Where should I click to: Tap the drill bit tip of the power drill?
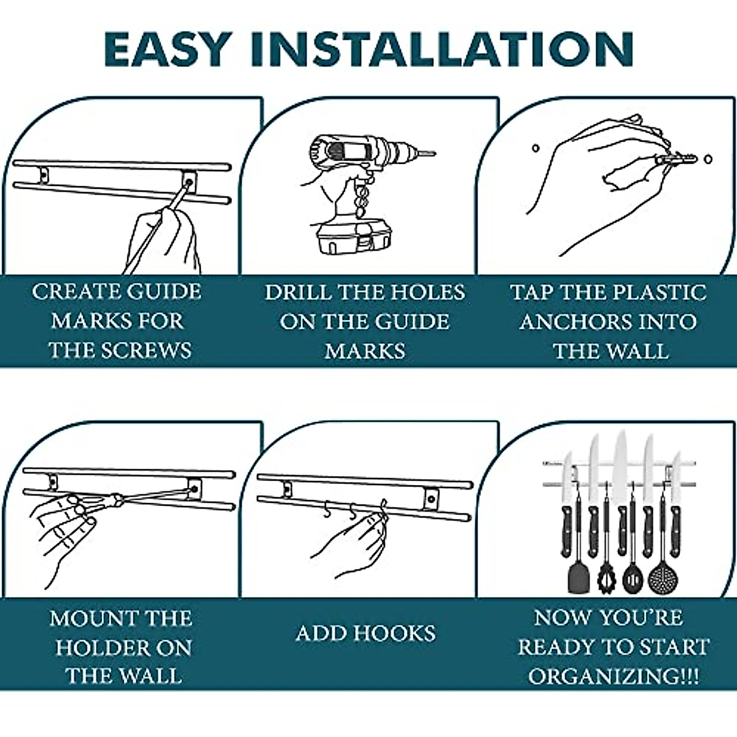click(432, 153)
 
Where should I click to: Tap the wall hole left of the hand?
click(535, 148)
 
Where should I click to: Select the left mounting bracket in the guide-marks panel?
click(43, 175)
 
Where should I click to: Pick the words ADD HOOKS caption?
click(365, 633)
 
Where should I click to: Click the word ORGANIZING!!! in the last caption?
click(613, 677)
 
